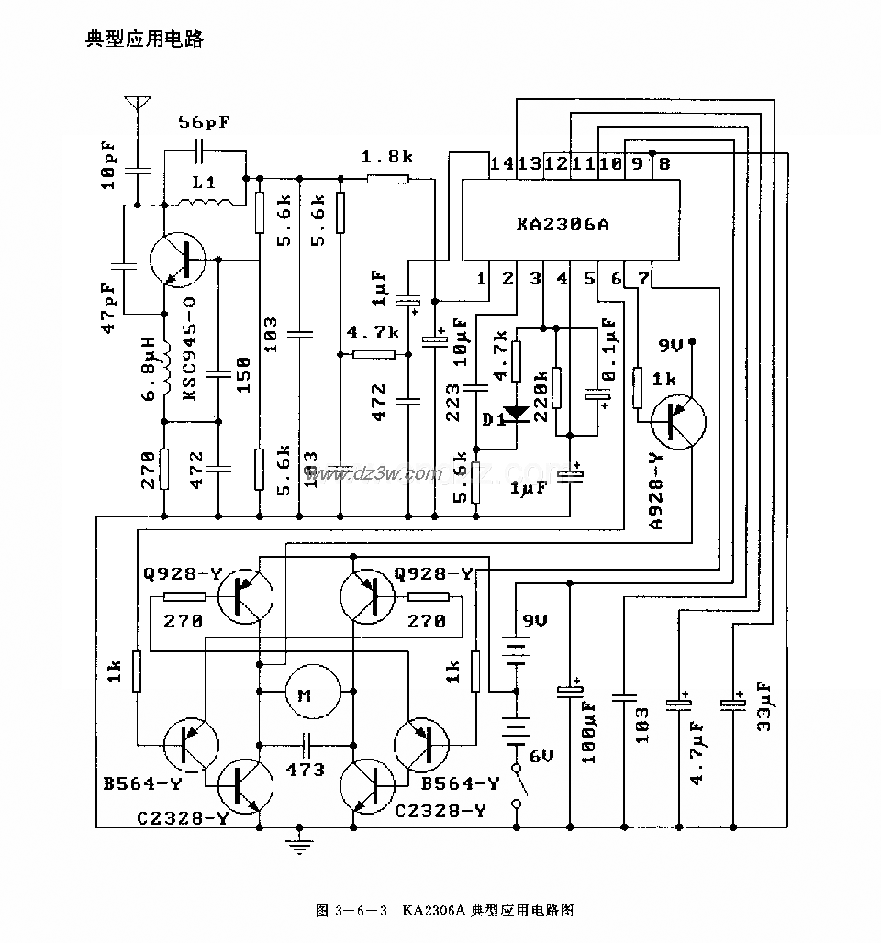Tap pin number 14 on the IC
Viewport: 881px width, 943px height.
click(x=502, y=164)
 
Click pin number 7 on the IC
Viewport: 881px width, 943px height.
click(x=643, y=277)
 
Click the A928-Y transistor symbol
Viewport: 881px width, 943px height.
click(x=677, y=420)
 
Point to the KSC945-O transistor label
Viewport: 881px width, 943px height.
click(x=190, y=348)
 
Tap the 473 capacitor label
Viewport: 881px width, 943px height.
click(x=307, y=769)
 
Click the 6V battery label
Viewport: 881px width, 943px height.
click(x=539, y=756)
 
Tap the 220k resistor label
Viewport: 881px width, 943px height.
click(x=541, y=394)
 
